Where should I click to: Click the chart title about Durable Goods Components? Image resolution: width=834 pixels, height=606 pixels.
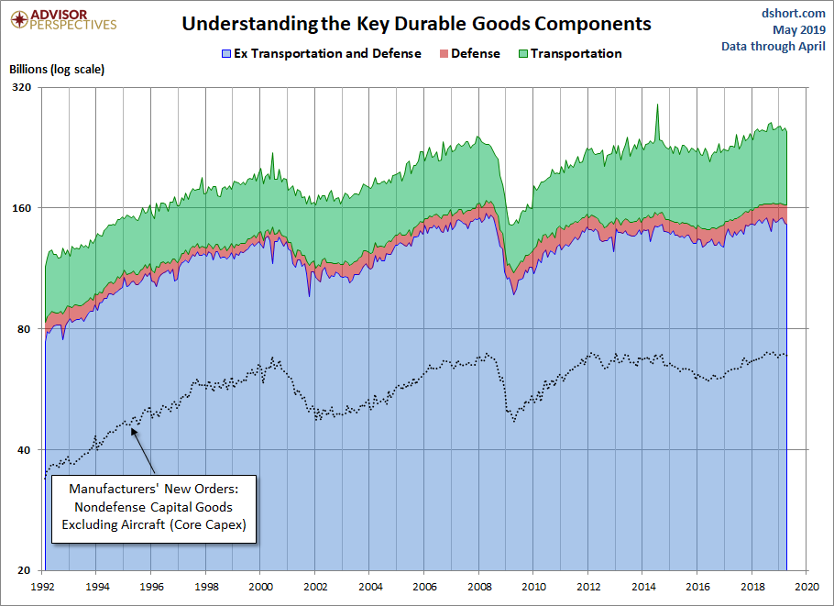[x=416, y=24]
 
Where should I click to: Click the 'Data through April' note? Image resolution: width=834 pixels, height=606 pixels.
[x=774, y=46]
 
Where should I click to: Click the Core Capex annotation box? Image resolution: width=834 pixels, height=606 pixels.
[x=151, y=507]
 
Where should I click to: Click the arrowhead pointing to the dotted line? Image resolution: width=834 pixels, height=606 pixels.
[x=134, y=427]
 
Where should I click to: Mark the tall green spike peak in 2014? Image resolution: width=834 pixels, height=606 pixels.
[x=656, y=105]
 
